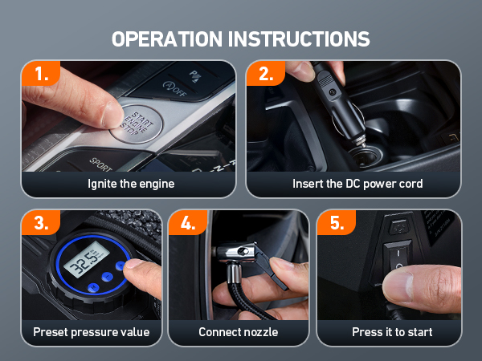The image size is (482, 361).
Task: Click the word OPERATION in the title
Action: [167, 39]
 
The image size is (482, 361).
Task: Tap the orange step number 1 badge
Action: [41, 74]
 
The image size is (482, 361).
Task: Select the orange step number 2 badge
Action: [266, 74]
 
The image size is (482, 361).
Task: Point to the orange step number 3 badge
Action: [41, 222]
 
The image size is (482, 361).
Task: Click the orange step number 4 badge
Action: [188, 222]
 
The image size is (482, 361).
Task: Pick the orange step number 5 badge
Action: [337, 222]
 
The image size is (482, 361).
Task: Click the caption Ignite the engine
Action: [131, 184]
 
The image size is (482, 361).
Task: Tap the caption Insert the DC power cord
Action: [357, 184]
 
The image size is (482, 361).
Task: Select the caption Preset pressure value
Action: [92, 332]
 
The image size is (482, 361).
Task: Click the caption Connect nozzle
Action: [239, 332]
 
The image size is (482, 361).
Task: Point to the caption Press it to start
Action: [392, 332]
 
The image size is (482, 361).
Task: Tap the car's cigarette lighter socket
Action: [368, 156]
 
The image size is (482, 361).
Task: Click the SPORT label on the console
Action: [100, 164]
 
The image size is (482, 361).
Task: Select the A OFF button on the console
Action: [175, 88]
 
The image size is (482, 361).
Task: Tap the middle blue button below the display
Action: [107, 277]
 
